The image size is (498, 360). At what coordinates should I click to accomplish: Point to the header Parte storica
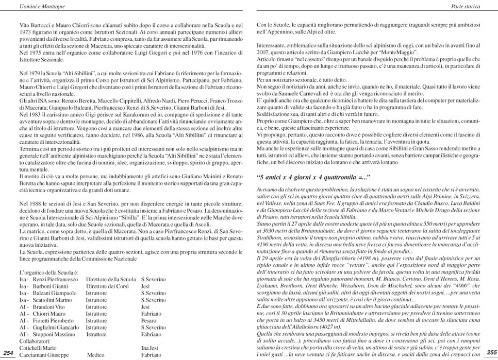click(x=466, y=7)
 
